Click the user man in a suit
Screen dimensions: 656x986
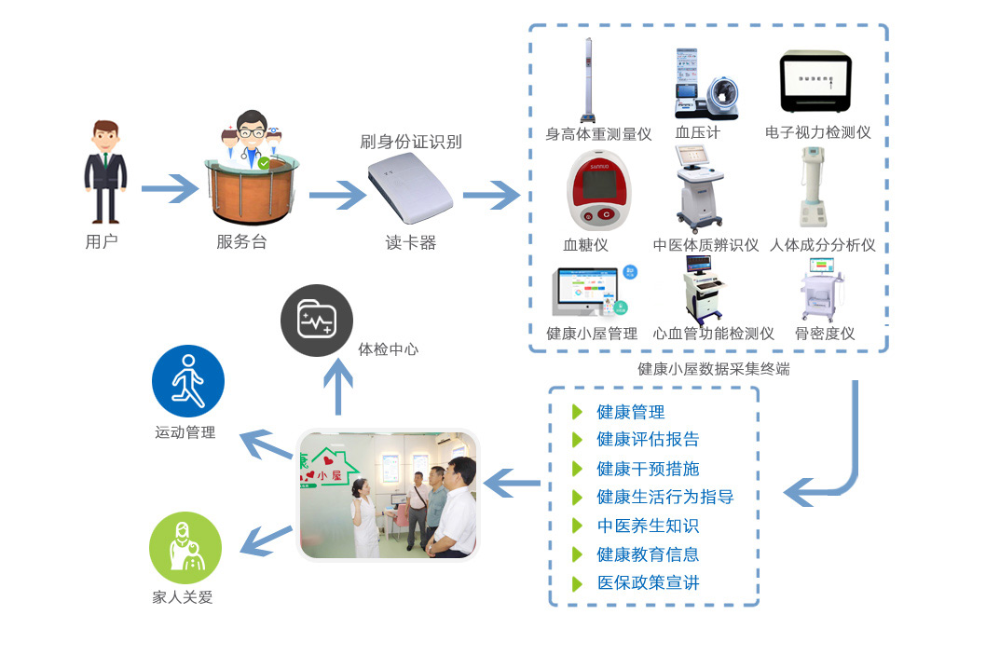coord(105,171)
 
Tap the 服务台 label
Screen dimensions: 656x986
coord(241,242)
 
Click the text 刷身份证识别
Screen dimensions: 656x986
coord(411,143)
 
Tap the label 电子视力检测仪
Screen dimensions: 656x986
coord(817,133)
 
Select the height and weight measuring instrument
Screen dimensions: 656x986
coord(589,80)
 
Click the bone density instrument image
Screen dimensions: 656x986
coord(820,290)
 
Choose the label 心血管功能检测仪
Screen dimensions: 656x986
coord(714,334)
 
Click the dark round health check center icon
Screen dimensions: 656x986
coord(317,321)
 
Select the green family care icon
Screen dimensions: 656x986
coord(185,548)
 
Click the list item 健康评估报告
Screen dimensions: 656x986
coord(648,439)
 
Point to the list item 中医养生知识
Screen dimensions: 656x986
coord(648,526)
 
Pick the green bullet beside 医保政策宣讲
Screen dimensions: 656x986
coord(577,584)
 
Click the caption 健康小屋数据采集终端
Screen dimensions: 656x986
coord(713,369)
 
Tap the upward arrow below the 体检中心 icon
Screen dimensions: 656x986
coord(337,386)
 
